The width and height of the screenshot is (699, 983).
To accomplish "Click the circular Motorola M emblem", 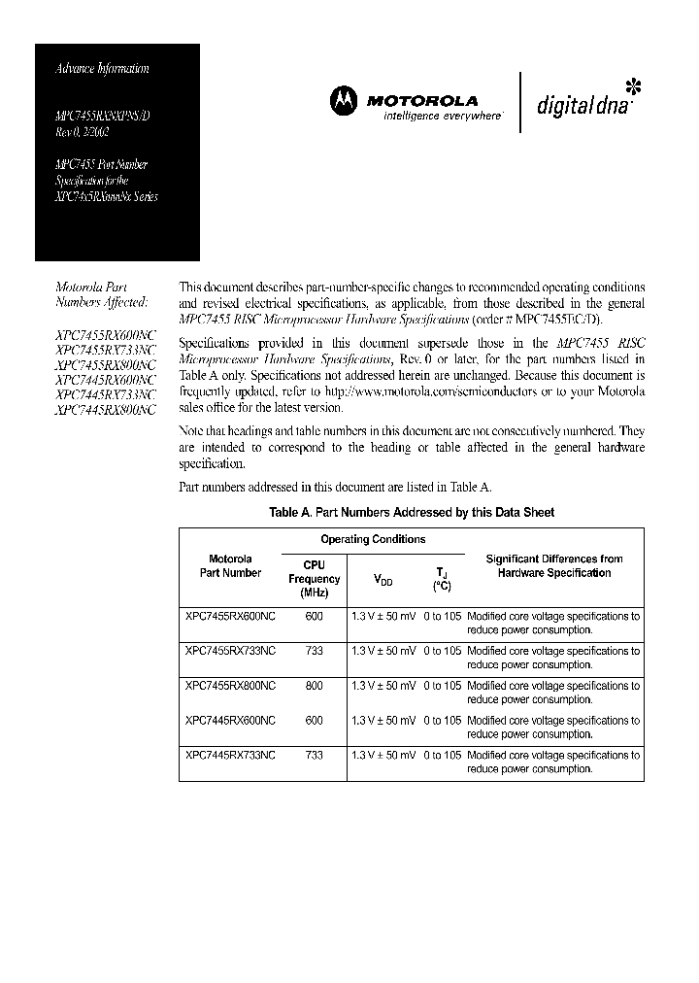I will click(x=344, y=99).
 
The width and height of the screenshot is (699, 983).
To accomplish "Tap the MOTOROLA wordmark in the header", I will click(x=421, y=100).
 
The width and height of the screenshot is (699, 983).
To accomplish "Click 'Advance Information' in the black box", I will click(x=102, y=69).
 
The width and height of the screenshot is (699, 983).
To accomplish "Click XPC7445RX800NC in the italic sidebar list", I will click(x=106, y=410).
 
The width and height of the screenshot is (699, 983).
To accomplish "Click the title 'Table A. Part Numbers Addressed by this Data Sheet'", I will click(x=412, y=512).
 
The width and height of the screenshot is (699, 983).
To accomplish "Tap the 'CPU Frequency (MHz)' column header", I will click(x=314, y=579).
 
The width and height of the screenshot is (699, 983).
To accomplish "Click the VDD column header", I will click(x=383, y=580).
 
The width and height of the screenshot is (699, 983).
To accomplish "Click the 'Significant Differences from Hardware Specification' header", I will click(x=553, y=565).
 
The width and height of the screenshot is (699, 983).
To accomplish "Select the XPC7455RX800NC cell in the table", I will click(x=230, y=686).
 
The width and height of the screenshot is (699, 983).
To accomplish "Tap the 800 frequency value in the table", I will click(x=314, y=686).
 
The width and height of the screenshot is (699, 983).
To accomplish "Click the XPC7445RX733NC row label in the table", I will click(x=230, y=755).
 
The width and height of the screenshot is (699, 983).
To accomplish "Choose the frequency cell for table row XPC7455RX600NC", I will click(x=314, y=616).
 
